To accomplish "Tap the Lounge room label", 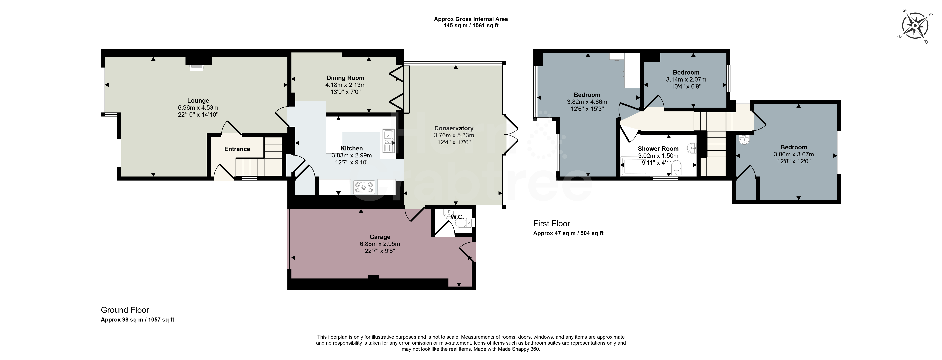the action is [x=198, y=101].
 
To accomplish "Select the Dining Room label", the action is [x=345, y=77].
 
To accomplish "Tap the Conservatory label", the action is [x=454, y=128].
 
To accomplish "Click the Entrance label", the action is [x=237, y=149].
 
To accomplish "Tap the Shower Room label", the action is [x=658, y=149].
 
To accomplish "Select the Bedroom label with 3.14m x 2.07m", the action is [x=686, y=72].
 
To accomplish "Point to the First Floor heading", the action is [x=551, y=224].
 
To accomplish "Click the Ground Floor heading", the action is [x=125, y=310].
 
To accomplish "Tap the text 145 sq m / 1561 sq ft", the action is [x=471, y=26].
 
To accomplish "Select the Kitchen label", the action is [x=351, y=148].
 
